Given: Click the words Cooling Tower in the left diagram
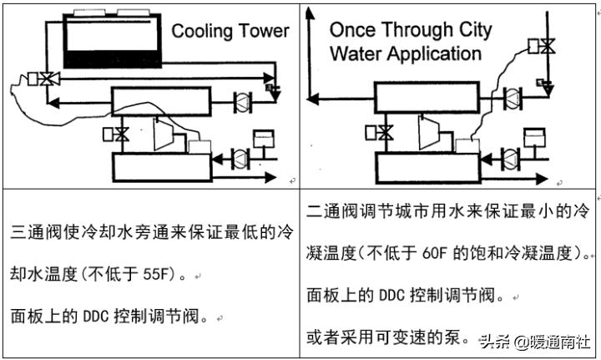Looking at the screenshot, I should pyautogui.click(x=230, y=32).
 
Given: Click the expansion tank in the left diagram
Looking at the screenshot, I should pyautogui.click(x=265, y=136).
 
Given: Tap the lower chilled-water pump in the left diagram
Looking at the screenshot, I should pyautogui.click(x=240, y=156).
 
